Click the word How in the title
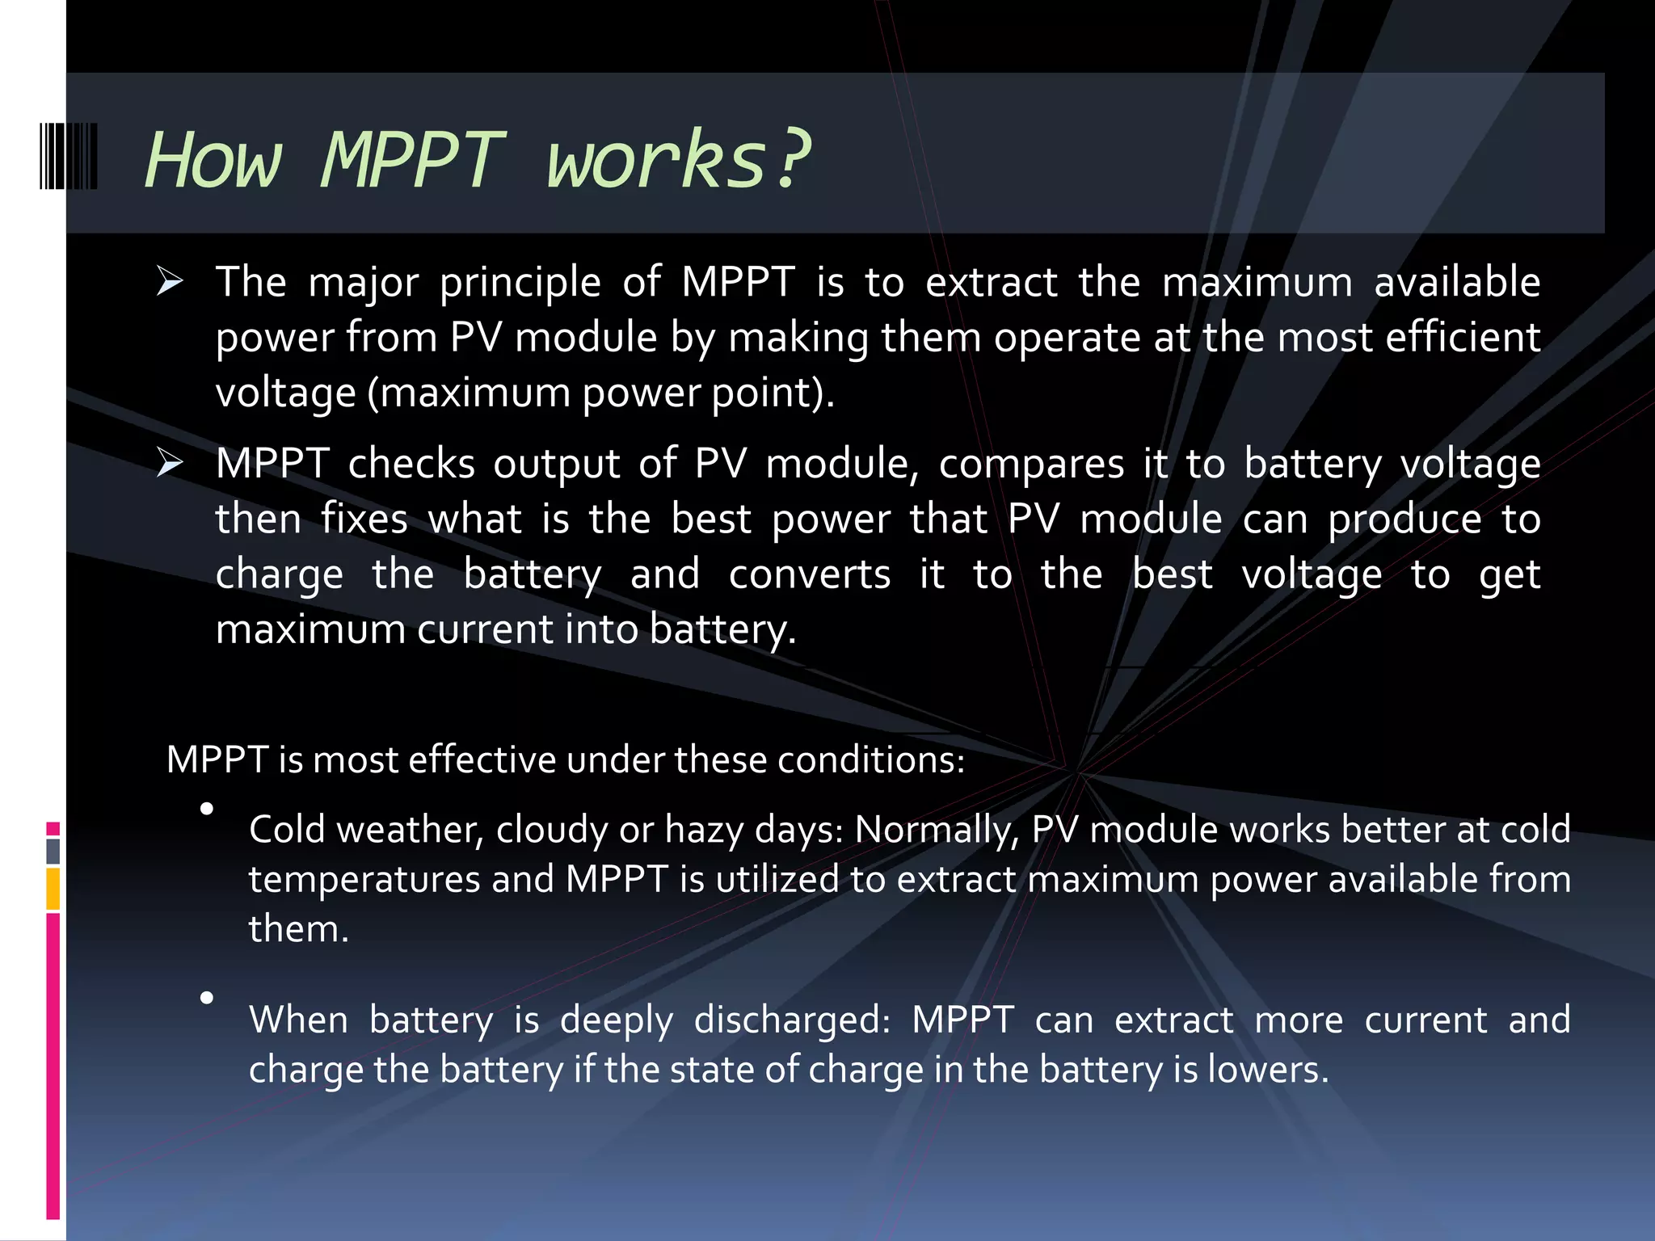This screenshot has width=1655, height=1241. pyautogui.click(x=213, y=160)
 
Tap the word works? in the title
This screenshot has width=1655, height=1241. pyautogui.click(x=677, y=160)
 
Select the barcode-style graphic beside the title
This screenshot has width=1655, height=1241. pyautogui.click(x=69, y=156)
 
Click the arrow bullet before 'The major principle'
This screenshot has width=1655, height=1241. pyautogui.click(x=170, y=282)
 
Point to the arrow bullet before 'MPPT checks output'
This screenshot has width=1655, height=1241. pyautogui.click(x=170, y=464)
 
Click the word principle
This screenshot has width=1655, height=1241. pyautogui.click(x=520, y=284)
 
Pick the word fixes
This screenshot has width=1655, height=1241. pyautogui.click(x=364, y=519)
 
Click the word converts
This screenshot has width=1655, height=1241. pyautogui.click(x=810, y=574)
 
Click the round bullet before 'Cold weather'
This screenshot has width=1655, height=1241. pyautogui.click(x=207, y=809)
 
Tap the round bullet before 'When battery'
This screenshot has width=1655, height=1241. pyautogui.click(x=207, y=999)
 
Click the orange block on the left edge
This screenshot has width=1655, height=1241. pyautogui.click(x=53, y=889)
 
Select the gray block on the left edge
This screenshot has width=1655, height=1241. pyautogui.click(x=53, y=851)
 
